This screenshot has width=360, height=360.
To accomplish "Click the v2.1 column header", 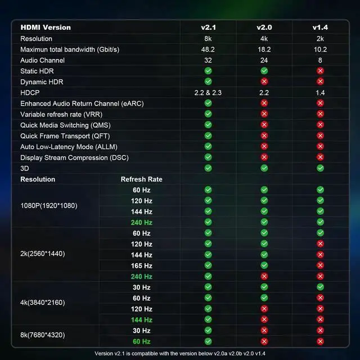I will coord(208,28).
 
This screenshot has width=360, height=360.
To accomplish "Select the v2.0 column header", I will coord(264,28).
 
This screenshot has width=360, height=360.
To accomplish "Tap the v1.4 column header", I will coord(321,28).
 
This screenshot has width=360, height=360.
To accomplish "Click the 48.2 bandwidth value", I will coord(208,49).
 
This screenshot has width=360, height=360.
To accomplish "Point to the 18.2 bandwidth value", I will coord(264,49).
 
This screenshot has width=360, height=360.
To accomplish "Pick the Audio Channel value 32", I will coord(208,60).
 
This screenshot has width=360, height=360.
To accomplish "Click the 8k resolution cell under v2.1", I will coord(208,39).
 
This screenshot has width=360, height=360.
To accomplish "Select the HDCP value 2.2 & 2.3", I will coord(208,92).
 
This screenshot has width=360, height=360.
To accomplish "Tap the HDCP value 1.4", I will coord(321,92).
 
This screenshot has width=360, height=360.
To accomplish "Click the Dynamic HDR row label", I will coord(42,82).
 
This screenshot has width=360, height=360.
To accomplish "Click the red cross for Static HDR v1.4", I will coord(321,71).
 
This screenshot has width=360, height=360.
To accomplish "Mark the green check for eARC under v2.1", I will coord(208,103).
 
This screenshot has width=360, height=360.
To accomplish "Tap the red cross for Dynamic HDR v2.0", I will coord(264,82).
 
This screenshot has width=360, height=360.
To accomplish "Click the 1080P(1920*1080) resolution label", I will coord(49,206).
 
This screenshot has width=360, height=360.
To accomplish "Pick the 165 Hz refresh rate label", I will coord(142,265).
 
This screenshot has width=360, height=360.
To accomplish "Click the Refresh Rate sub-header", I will coord(142,179).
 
